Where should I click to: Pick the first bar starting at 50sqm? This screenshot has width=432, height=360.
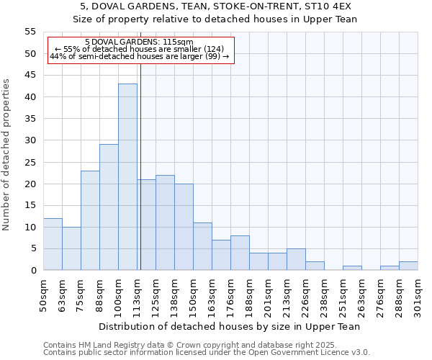coord(53,244)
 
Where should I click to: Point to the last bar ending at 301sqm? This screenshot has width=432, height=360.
coord(408,266)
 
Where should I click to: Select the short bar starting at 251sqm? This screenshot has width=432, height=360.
coord(352,268)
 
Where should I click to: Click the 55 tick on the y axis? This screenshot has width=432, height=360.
coord(30,32)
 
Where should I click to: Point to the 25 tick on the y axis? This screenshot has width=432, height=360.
coord(30,162)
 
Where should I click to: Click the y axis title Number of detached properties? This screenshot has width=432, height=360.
coord(7,155)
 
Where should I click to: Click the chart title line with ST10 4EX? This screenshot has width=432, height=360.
coord(216,6)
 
